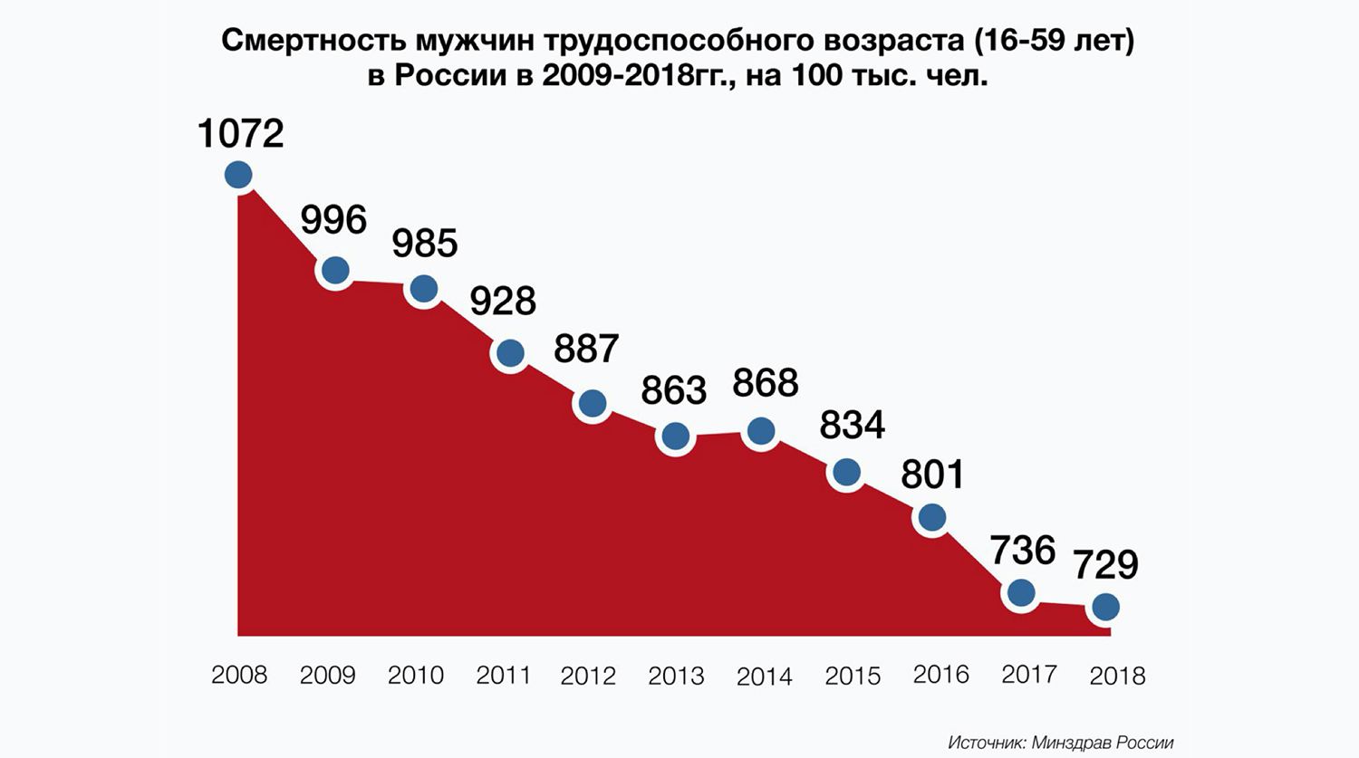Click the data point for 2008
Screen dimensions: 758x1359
tap(238, 175)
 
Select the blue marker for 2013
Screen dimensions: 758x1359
tap(675, 437)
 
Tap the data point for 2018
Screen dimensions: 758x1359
tap(1105, 607)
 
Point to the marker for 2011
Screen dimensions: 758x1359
tap(510, 353)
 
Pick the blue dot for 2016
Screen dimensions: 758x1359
tap(932, 517)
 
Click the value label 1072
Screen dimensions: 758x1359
tap(240, 134)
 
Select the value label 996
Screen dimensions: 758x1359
tap(333, 220)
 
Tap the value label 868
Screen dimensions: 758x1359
tap(766, 383)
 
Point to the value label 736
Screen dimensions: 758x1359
tap(1022, 551)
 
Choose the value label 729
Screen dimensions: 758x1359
tap(1105, 565)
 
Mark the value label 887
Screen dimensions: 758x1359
tap(586, 349)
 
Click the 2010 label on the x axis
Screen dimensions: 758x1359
tap(416, 676)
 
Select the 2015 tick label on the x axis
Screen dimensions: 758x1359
tap(853, 676)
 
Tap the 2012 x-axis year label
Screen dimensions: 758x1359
tap(589, 676)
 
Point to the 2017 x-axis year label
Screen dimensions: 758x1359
tap(1029, 675)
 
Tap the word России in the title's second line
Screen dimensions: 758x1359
tap(449, 76)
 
